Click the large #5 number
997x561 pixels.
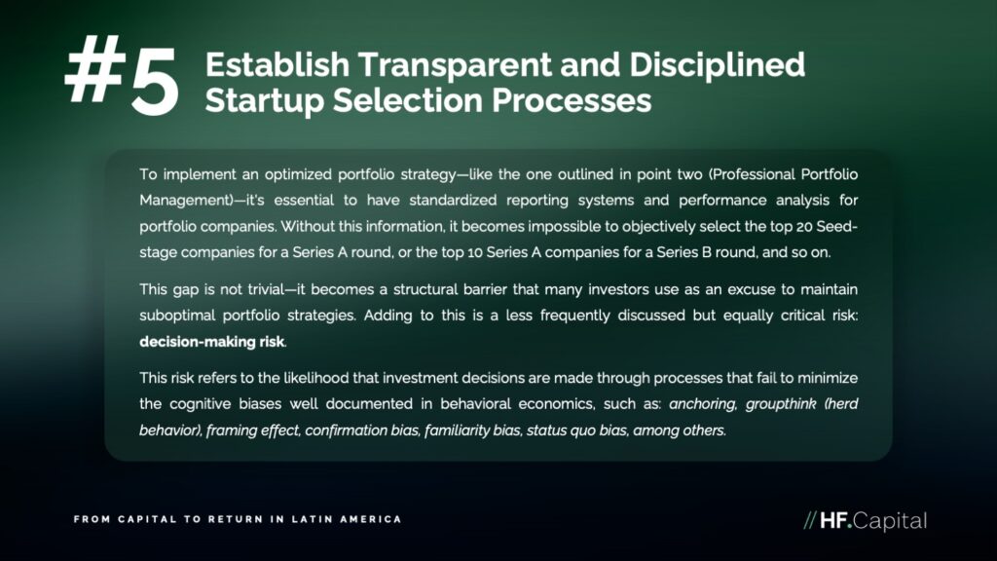(x=122, y=76)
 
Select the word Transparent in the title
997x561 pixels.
(x=455, y=65)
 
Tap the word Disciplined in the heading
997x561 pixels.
(x=717, y=66)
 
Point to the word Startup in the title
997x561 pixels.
(x=264, y=101)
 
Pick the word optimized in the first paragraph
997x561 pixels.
(x=298, y=175)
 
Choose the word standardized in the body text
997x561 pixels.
(x=453, y=201)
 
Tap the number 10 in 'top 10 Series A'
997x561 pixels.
(x=475, y=252)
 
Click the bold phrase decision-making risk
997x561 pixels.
(x=211, y=342)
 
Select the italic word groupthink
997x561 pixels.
(x=781, y=404)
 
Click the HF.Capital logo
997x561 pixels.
(x=865, y=521)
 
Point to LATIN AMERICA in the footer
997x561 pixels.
(x=347, y=519)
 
